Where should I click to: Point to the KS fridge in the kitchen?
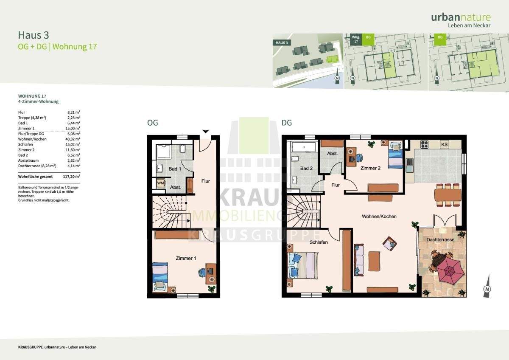(445, 144)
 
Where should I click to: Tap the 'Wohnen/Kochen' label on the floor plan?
(379, 217)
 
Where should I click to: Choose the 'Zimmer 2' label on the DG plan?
(370, 168)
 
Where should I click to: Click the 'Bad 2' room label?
(306, 169)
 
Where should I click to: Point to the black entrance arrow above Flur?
(205, 131)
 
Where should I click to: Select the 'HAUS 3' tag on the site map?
(282, 43)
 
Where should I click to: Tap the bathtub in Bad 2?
(304, 148)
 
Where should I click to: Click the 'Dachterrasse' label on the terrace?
(441, 240)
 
